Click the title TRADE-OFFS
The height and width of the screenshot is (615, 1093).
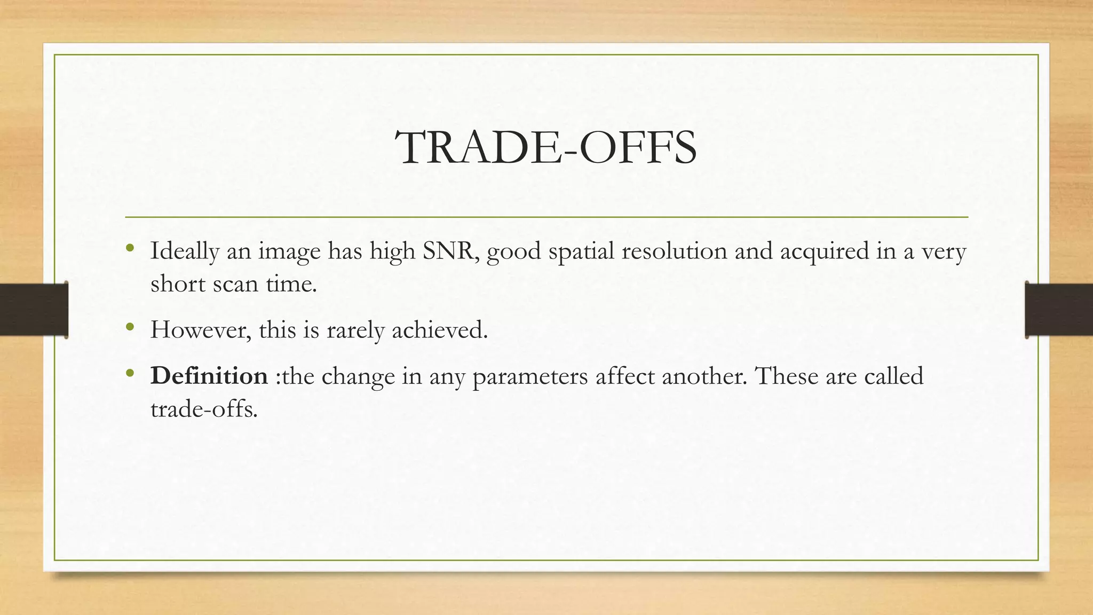545,148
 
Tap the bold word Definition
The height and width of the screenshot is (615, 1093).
209,376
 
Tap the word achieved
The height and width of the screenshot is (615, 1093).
440,330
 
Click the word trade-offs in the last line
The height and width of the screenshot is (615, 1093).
204,409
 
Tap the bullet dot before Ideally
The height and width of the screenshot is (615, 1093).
129,248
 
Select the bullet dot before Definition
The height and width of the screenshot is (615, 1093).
129,373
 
